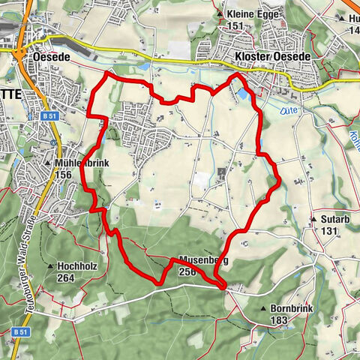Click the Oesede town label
tap(51, 55)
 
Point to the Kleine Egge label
tap(251, 14)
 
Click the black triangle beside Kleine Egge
tap(220, 14)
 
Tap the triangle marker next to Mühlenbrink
tap(49, 162)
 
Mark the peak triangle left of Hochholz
tap(50, 265)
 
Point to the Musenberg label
tap(203, 260)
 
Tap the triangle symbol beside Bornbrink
tap(263, 308)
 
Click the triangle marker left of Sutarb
tap(312, 219)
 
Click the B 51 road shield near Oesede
tap(50, 117)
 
